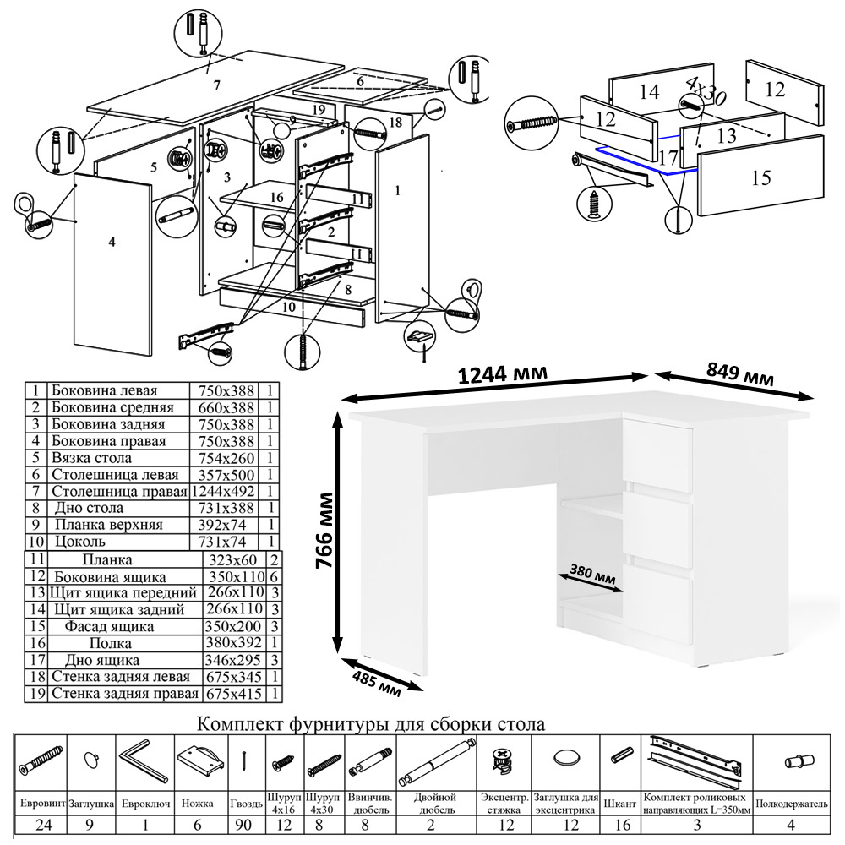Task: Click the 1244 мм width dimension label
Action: point(502,374)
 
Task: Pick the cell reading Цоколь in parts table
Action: point(79,541)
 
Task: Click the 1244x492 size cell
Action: point(229,491)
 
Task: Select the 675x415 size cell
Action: point(233,694)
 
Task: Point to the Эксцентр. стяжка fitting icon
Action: point(504,760)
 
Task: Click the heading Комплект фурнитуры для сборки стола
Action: point(370,724)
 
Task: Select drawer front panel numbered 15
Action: point(760,178)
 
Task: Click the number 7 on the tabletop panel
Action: point(216,84)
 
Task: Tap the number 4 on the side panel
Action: point(112,242)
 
